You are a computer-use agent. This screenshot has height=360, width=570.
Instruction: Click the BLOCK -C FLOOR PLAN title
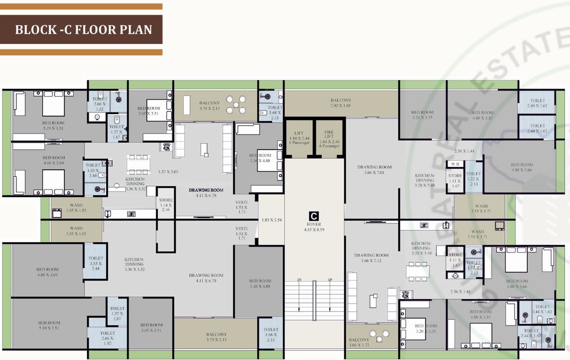[x=84, y=30]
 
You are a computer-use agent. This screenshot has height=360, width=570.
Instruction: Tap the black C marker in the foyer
[x=314, y=216]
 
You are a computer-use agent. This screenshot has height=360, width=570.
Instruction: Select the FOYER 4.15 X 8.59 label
[x=314, y=227]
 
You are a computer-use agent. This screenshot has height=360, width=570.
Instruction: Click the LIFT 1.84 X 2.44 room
[x=299, y=139]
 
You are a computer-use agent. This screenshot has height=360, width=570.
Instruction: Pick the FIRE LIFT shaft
[x=329, y=139]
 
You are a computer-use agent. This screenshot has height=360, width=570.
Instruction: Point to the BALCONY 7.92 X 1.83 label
[x=341, y=103]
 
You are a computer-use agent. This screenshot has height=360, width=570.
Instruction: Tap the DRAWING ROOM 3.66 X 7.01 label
[x=374, y=170]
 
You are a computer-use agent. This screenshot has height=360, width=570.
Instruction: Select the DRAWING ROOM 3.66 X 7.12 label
[x=371, y=258]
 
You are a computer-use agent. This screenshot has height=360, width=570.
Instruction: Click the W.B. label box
[x=455, y=164]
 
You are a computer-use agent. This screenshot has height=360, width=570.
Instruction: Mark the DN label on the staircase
[x=299, y=280]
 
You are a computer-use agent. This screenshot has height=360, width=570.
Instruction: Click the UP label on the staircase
[x=330, y=280]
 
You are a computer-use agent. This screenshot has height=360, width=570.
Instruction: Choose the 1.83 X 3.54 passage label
[x=271, y=219]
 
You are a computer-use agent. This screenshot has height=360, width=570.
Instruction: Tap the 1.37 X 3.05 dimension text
[x=168, y=172]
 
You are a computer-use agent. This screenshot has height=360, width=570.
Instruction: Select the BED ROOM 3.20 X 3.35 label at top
[x=422, y=115]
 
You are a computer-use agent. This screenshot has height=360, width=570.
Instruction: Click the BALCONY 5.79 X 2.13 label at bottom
[x=216, y=337]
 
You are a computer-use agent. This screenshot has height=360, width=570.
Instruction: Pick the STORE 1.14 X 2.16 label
[x=165, y=205]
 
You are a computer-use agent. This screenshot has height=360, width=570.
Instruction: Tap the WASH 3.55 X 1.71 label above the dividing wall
[x=481, y=209]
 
